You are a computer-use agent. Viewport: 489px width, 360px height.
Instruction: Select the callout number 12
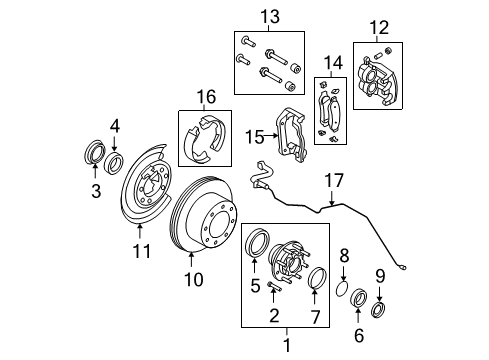click(x=376, y=27)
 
